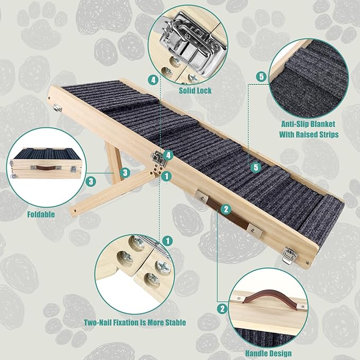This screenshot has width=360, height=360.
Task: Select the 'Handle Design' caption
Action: click(x=268, y=353)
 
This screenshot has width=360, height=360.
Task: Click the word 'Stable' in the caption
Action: click(x=173, y=322)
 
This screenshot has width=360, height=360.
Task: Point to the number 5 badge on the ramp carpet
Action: click(x=256, y=168)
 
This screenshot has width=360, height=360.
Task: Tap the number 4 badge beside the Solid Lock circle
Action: click(x=153, y=80)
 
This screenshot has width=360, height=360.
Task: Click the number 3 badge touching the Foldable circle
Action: click(x=92, y=181)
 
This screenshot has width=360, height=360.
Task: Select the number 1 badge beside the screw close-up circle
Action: click(x=168, y=241)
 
